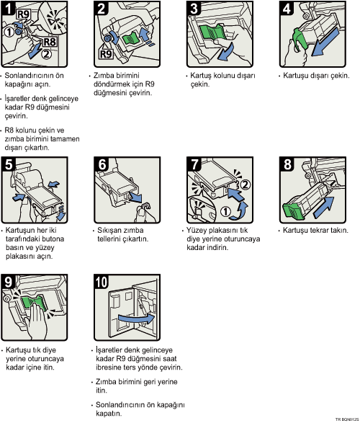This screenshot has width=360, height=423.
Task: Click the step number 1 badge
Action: click(9, 9)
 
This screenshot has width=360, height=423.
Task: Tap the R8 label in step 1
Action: click(50, 42)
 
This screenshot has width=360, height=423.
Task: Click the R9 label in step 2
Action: click(106, 54)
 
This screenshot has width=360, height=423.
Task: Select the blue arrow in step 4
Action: click(325, 43)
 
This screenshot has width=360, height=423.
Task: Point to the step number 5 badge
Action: click(9, 164)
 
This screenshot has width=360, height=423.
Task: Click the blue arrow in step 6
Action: click(135, 197)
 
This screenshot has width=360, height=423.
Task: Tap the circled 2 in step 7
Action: click(245, 185)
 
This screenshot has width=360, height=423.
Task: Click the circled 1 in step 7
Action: click(225, 211)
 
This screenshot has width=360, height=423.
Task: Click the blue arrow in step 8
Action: click(324, 207)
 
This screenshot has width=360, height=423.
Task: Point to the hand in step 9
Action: click(37, 321)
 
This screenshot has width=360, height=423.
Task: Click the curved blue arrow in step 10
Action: click(136, 319)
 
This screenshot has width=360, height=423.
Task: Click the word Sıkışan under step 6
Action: click(109, 231)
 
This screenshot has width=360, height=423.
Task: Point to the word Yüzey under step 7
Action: click(197, 231)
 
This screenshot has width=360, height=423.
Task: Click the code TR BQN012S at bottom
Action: click(347, 419)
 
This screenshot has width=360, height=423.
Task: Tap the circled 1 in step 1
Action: click(9, 32)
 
